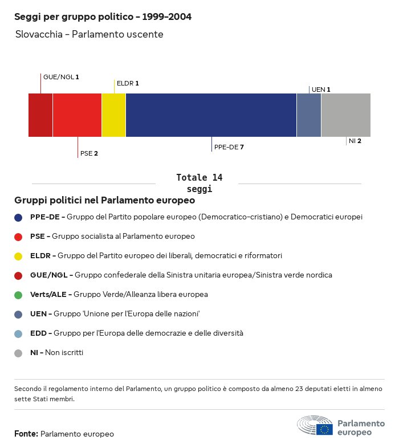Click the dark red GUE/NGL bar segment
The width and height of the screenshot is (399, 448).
pyautogui.click(x=40, y=115)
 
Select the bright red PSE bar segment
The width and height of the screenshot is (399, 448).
pyautogui.click(x=77, y=115)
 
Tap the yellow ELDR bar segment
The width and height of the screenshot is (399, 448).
pyautogui.click(x=113, y=115)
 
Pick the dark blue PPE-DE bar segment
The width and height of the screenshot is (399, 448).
pyautogui.click(x=211, y=115)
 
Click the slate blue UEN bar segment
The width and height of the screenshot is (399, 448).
pyautogui.click(x=309, y=115)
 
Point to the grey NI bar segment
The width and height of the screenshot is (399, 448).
pyautogui.click(x=346, y=115)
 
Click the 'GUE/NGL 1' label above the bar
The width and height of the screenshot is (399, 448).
pyautogui.click(x=61, y=76)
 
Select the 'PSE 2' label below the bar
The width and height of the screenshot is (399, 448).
pyautogui.click(x=89, y=153)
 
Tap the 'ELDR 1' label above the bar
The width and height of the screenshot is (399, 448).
pyautogui.click(x=128, y=83)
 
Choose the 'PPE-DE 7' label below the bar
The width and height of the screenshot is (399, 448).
pyautogui.click(x=229, y=147)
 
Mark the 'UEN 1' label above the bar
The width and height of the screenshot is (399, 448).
pyautogui.click(x=321, y=89)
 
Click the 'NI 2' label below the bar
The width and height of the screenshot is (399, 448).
pyautogui.click(x=355, y=141)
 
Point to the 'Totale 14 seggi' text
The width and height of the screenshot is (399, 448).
pyautogui.click(x=199, y=183)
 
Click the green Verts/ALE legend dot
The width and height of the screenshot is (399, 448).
pyautogui.click(x=18, y=295)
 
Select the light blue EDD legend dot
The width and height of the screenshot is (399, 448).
pyautogui.click(x=18, y=333)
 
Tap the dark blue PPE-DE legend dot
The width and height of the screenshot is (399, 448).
pyautogui.click(x=18, y=217)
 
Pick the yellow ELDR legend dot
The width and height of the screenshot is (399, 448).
pyautogui.click(x=18, y=256)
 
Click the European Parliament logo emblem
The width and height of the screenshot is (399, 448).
pyautogui.click(x=315, y=426)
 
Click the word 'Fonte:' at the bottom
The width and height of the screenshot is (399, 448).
pyautogui.click(x=26, y=434)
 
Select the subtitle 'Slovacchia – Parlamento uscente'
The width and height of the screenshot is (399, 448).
pyautogui.click(x=89, y=34)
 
